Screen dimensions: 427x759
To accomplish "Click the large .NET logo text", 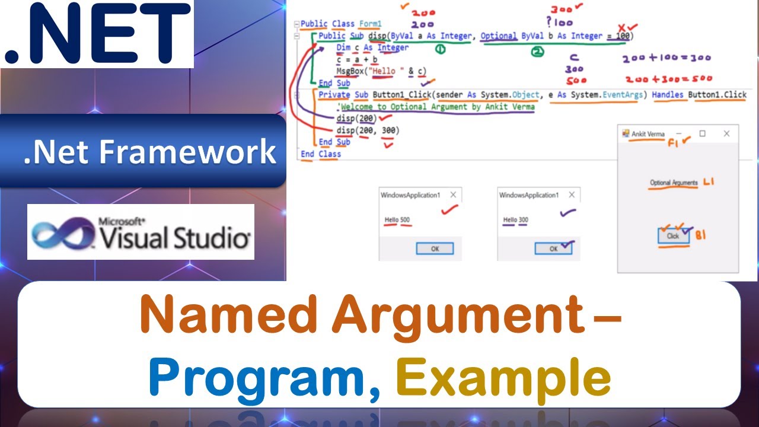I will pos(98,34).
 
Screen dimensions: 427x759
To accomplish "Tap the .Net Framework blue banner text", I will pos(150,152).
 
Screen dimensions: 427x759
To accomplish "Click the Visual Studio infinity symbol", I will pos(62,233).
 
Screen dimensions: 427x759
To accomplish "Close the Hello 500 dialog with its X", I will pos(454,195).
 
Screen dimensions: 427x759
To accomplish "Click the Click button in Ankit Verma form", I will pos(673,235).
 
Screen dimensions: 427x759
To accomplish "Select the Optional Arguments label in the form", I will pos(674,183).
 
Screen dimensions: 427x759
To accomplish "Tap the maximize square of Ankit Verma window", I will pos(702,134).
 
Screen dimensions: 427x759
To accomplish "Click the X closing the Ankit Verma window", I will pos(726,134).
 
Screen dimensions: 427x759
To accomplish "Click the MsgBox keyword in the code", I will pos(348,71).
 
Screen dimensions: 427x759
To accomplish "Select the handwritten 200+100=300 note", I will pos(666,59).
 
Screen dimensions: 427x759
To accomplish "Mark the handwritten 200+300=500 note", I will pos(668,79).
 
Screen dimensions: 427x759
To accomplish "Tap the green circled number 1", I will pos(441,50).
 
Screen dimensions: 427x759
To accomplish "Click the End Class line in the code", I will pos(321,154).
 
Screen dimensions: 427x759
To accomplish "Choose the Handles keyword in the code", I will pos(668,95).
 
